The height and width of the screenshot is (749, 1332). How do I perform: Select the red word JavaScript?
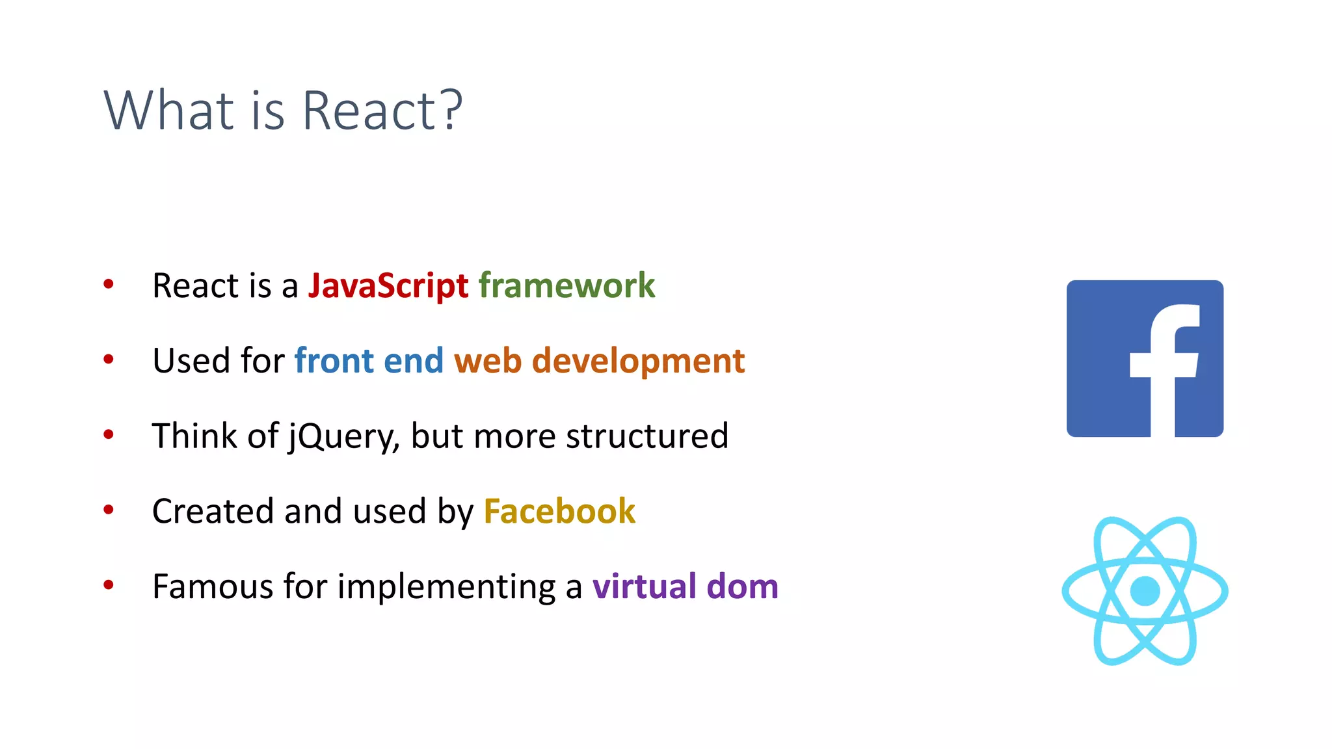pyautogui.click(x=388, y=286)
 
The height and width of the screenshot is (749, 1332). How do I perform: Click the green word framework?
pyautogui.click(x=566, y=286)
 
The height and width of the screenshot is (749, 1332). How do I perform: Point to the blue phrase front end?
pyautogui.click(x=369, y=361)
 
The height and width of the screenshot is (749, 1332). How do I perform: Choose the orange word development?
pyautogui.click(x=638, y=361)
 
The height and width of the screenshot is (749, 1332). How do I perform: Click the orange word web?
pyautogui.click(x=488, y=361)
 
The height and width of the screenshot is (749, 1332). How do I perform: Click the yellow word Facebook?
pyautogui.click(x=559, y=511)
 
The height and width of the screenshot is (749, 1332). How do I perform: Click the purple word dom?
pyautogui.click(x=742, y=586)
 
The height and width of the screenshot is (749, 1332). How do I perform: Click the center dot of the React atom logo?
pyautogui.click(x=1145, y=591)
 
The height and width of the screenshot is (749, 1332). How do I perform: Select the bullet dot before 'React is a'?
pyautogui.click(x=109, y=284)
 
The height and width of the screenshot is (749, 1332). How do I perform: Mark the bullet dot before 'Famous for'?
pyautogui.click(x=109, y=585)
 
